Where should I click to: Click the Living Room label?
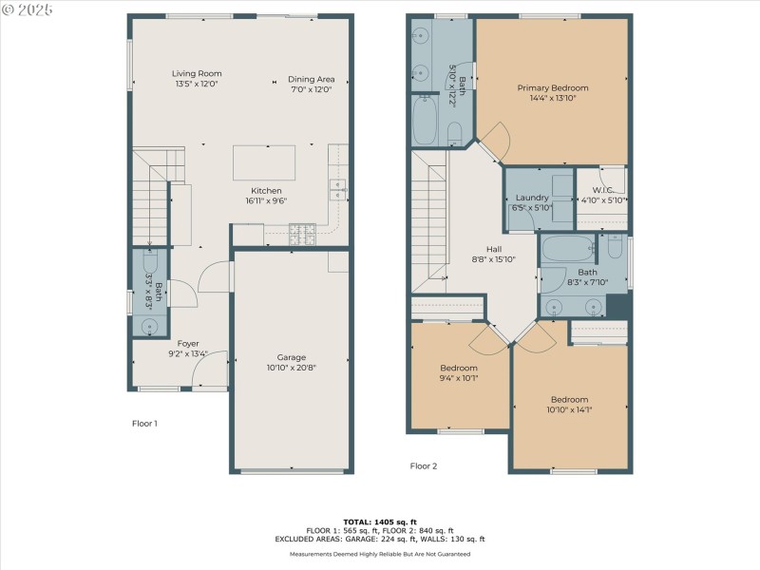[x=196, y=73]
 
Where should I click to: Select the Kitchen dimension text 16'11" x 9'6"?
[x=265, y=200]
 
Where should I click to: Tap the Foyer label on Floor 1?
[x=188, y=344]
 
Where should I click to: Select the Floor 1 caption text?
[x=144, y=423]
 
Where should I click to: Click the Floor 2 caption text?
[x=424, y=465]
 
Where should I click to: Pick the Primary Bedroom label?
[x=553, y=87]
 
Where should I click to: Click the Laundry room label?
[x=532, y=198]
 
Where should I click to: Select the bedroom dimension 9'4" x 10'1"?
[x=459, y=377]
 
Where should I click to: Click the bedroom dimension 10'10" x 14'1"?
[x=569, y=409]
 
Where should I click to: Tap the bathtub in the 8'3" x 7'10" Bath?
[x=567, y=249]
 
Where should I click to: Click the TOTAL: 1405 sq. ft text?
[x=380, y=522]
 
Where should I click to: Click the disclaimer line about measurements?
[x=380, y=553]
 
